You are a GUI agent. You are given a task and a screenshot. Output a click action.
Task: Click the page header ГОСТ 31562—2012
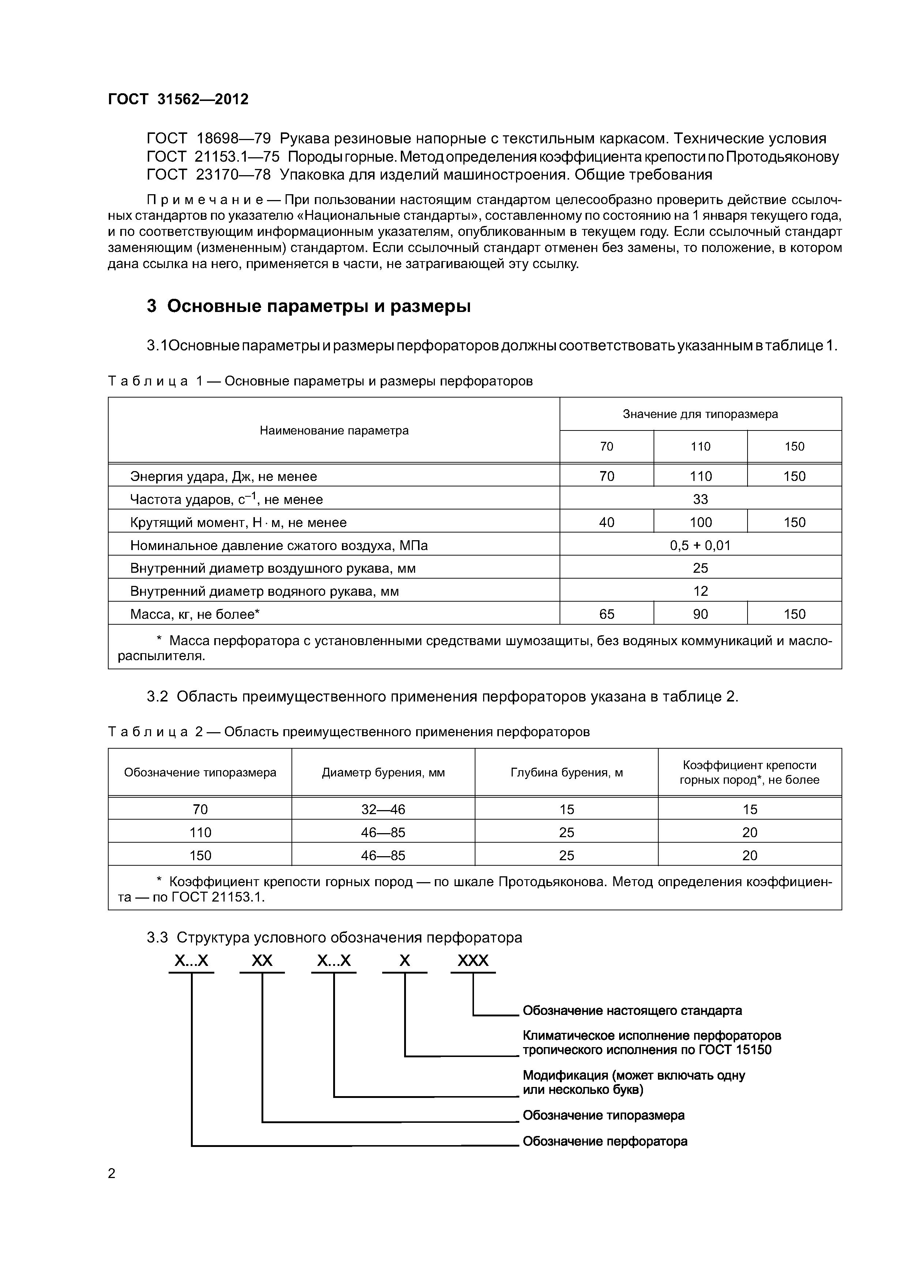pos(178,99)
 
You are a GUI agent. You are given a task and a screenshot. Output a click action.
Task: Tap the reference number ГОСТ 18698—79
pos(208,138)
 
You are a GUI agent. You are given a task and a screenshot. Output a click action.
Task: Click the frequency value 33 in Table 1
pos(700,499)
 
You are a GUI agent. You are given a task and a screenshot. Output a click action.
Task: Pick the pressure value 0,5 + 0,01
pos(700,545)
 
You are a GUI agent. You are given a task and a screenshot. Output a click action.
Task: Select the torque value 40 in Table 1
pos(606,523)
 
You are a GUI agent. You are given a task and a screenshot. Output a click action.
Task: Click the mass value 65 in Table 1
pos(606,614)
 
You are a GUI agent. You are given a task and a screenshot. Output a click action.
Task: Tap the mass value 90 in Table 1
pos(700,614)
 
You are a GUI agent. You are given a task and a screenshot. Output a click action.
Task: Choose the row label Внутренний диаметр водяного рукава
pos(264,591)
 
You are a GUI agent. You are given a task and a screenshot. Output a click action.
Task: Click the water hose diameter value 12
pos(700,591)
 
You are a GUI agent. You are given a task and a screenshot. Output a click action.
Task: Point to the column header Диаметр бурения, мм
pos(383,772)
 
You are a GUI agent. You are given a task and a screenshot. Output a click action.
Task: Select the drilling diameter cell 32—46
pos(383,809)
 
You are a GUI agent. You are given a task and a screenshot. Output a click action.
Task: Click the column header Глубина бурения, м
pos(566,772)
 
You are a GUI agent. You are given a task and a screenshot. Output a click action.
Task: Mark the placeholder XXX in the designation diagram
pos(473,960)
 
